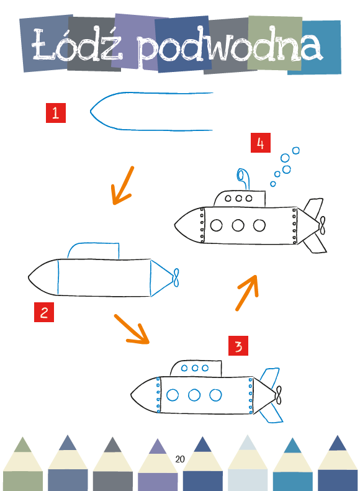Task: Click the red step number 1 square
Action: pos(56,113)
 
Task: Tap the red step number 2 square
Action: pos(44,312)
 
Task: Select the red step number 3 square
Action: pos(238,346)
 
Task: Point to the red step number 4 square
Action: pos(261,143)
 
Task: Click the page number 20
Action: pos(180,459)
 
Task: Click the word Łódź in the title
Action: pos(77,45)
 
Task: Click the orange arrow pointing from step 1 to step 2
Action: pos(123,186)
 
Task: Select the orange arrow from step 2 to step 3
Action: pos(132,329)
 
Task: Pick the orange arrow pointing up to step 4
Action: pos(247,293)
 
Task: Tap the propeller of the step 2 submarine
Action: pos(176,277)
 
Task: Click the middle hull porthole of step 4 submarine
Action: pos(238,225)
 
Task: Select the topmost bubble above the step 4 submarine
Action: pos(296,151)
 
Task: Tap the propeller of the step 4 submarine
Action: pos(322,225)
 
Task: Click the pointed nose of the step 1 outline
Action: pos(91,111)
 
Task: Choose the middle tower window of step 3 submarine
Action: pos(195,367)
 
